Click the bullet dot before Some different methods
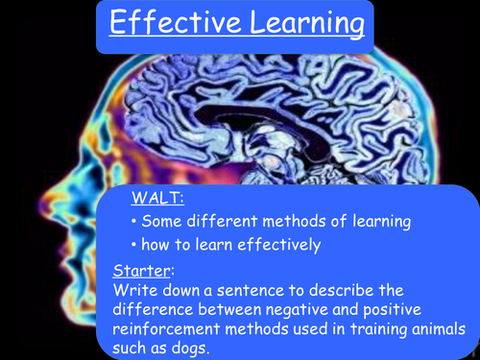pos(132,223)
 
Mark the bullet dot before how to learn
pos(132,245)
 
